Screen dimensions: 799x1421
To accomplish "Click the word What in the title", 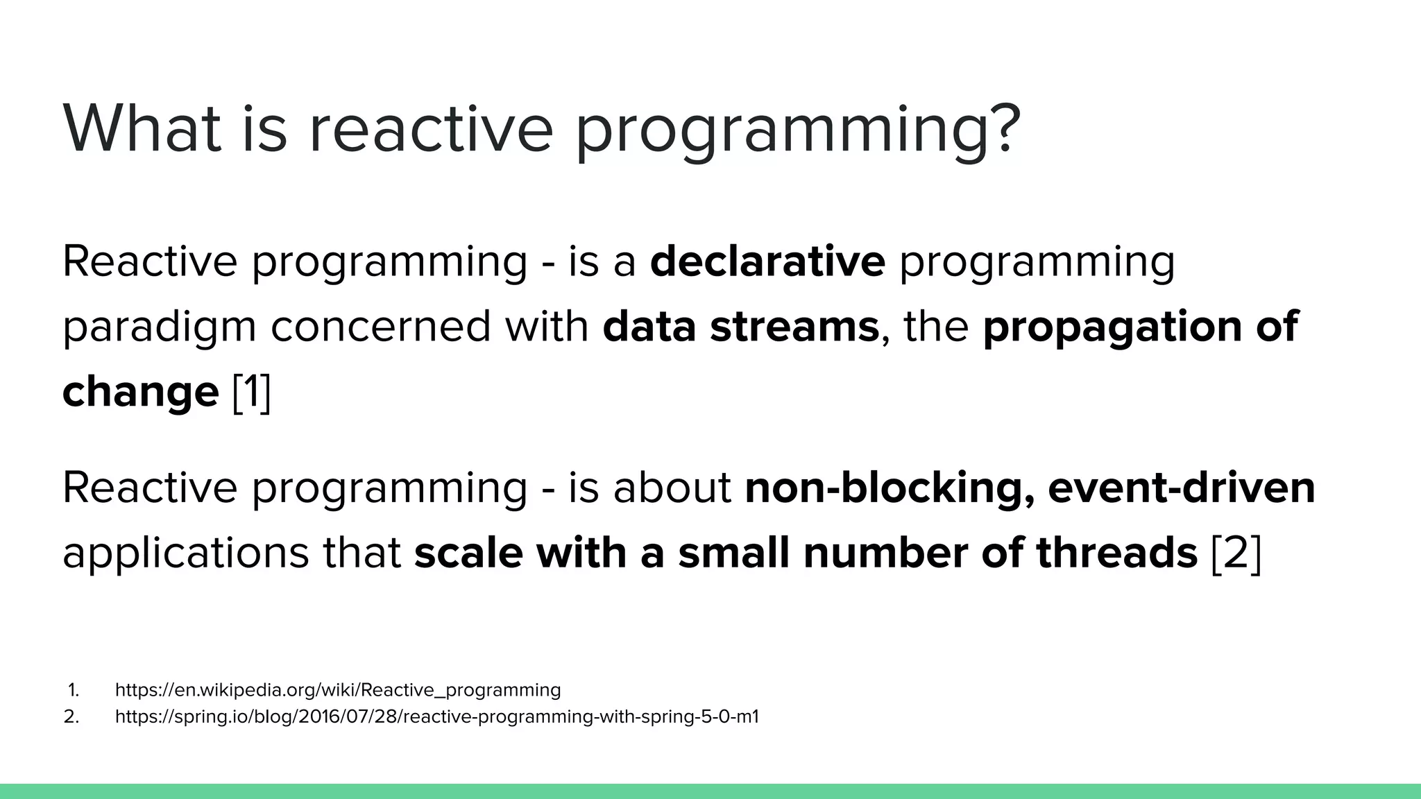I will pos(142,129).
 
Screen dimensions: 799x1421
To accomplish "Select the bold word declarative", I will pos(767,261).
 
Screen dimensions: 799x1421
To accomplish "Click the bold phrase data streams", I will pos(740,327).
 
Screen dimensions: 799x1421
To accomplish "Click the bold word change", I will pos(140,392).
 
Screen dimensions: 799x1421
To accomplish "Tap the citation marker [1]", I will pos(251,393).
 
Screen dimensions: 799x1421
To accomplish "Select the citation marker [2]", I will pos(1236,553).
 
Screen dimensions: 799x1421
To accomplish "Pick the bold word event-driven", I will pos(1181,488).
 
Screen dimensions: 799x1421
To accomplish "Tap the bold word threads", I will pos(1116,553).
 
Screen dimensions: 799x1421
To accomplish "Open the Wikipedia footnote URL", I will pos(337,690).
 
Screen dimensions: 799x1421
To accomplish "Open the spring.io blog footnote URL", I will pos(436,716).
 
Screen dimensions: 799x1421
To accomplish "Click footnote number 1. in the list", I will pos(74,690).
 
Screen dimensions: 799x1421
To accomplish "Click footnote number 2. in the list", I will pos(71,716).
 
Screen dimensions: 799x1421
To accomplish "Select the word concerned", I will pos(380,327).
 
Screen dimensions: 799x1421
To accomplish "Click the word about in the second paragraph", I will pos(672,488).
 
